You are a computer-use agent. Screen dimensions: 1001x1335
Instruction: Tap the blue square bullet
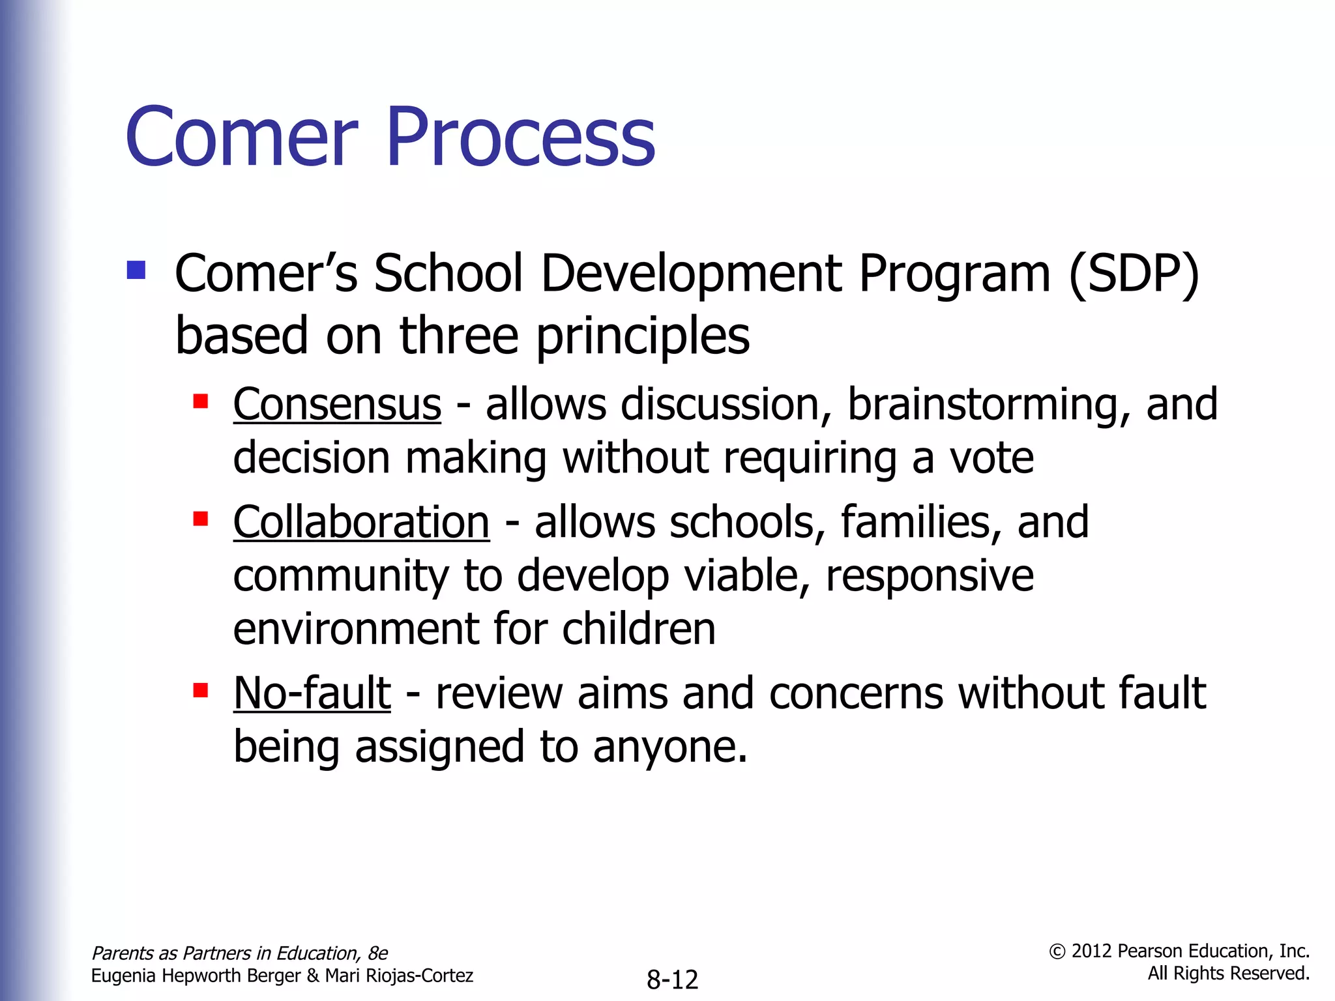coord(136,270)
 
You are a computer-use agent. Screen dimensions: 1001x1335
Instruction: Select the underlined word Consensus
coord(337,405)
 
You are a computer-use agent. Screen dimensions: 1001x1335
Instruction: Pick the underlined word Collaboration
coord(361,523)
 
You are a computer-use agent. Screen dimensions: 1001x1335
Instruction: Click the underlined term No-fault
coord(312,693)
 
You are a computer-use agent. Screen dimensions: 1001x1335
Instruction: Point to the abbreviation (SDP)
coord(1134,274)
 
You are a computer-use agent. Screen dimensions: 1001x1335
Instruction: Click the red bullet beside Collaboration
coord(201,519)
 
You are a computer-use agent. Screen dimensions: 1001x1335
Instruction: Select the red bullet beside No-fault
coord(201,689)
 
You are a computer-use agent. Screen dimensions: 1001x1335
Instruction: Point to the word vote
coord(991,458)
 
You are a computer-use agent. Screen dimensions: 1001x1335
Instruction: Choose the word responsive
coord(930,577)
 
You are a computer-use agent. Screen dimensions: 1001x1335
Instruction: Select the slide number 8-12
coord(672,979)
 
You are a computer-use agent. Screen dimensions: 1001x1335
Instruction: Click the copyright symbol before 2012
coord(1057,952)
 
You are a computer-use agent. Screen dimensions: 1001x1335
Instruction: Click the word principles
coord(642,337)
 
